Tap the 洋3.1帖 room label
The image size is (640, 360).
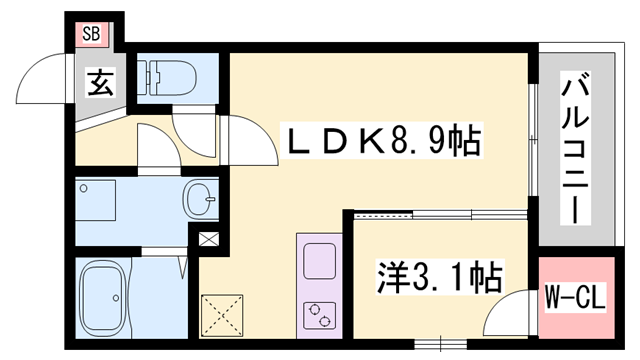(439, 275)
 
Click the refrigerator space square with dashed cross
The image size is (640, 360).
(224, 313)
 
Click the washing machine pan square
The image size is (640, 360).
(97, 200)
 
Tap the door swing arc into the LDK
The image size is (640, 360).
(250, 140)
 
